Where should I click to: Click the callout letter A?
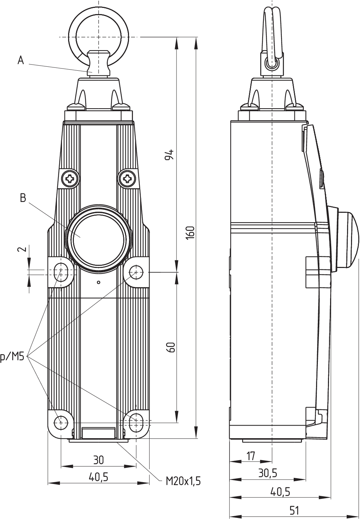pos(21,60)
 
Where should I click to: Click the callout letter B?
pos(23,198)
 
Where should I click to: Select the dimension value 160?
pos(191,233)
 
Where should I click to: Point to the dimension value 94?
pos(170,154)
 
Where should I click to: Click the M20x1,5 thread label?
pos(183,481)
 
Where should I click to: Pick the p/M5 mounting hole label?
pos(12,357)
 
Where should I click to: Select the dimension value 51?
pos(294,510)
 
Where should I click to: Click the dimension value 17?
pos(251,456)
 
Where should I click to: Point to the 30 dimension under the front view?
pos(98,460)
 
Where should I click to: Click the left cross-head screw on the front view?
pos(70,178)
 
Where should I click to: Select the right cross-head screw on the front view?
pos(127,178)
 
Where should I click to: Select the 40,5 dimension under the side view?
pos(280,492)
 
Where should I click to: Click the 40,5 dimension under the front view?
pos(98,477)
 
